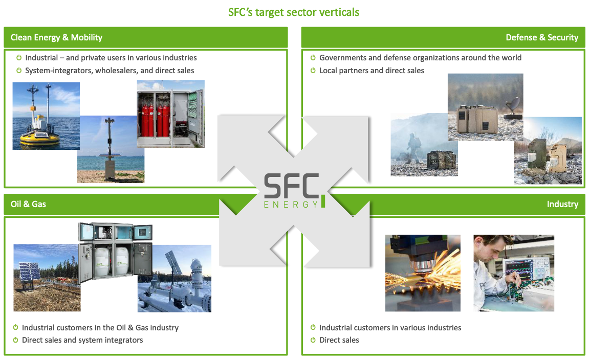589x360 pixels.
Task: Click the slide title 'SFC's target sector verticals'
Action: point(294,12)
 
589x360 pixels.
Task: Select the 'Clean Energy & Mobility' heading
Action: point(56,37)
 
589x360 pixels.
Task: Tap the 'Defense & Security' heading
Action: point(542,37)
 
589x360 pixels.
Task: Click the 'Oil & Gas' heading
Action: point(28,204)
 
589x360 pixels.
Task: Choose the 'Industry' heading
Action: point(562,204)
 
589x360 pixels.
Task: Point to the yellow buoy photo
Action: point(46,116)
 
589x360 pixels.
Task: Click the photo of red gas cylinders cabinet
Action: point(170,114)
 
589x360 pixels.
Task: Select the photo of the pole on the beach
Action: point(111,149)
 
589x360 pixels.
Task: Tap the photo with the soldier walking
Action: point(424,145)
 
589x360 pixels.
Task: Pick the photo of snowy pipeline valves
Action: point(174,279)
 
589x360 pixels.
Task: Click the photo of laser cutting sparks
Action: point(423,273)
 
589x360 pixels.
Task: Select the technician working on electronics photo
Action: point(514,273)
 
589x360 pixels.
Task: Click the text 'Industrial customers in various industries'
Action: point(390,328)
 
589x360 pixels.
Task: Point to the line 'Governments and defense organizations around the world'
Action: point(420,58)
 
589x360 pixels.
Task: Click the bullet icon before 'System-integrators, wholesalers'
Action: point(19,70)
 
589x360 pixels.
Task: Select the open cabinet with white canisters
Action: point(115,252)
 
